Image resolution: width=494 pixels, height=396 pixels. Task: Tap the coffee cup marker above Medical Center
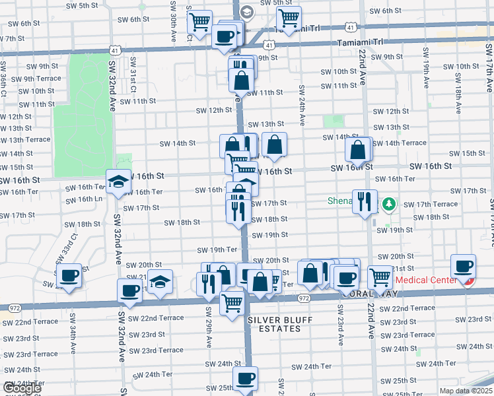pyautogui.click(x=464, y=266)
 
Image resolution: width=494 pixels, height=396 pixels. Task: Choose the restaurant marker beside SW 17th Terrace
pyautogui.click(x=364, y=201)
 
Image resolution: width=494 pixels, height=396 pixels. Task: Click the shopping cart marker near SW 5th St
pyautogui.click(x=289, y=17)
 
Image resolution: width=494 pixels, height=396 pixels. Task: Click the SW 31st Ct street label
pyautogui.click(x=133, y=75)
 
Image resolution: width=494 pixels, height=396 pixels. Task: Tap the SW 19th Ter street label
pyautogui.click(x=218, y=249)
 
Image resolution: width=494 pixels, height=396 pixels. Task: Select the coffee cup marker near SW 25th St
pyautogui.click(x=245, y=379)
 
